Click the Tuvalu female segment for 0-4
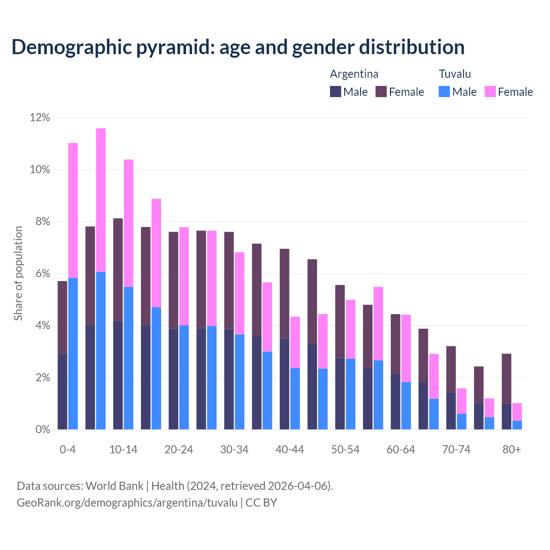[x=73, y=210]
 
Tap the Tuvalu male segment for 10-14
[x=128, y=358]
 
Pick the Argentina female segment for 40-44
[x=284, y=293]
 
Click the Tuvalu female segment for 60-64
[x=406, y=348]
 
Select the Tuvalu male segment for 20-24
[x=184, y=377]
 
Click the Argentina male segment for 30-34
[x=229, y=379]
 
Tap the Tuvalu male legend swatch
[x=444, y=92]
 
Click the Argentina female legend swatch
[x=381, y=92]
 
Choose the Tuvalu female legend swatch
[x=490, y=92]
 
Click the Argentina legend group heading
[x=354, y=74]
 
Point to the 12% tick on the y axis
[x=40, y=117]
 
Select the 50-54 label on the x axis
[x=345, y=449]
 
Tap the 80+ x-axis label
[x=512, y=449]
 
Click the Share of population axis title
[x=18, y=273]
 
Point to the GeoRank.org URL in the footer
[x=127, y=502]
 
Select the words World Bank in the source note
[x=114, y=486]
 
